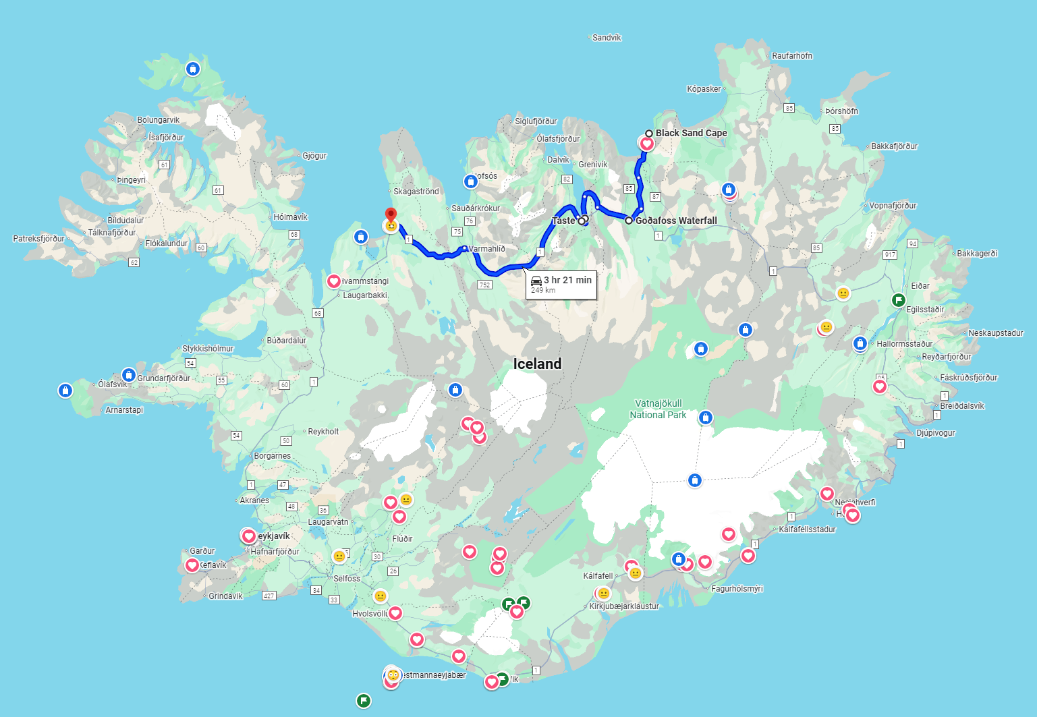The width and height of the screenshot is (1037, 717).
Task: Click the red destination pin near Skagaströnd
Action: [391, 216]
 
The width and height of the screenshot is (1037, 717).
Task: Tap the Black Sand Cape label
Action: [691, 133]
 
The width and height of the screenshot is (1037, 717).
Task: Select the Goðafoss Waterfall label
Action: [676, 221]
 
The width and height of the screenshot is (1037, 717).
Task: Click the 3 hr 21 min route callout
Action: [561, 284]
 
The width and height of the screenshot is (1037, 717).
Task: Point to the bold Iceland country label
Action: [537, 364]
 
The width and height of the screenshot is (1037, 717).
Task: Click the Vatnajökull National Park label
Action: [658, 409]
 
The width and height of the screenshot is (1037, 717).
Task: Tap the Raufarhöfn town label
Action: [792, 56]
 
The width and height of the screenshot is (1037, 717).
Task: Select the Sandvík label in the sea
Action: [607, 38]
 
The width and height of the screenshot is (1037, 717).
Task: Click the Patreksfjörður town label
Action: [39, 238]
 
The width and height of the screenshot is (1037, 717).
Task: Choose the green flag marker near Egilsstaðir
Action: [899, 300]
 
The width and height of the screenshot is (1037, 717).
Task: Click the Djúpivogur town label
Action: [936, 433]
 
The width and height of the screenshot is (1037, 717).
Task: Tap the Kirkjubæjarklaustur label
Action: [624, 606]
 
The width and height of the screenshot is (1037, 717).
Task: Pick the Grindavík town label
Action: [225, 596]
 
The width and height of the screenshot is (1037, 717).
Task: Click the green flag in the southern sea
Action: [364, 701]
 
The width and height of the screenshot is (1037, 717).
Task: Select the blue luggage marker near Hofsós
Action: [471, 181]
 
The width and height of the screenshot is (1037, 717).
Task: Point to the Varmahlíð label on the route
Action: [487, 249]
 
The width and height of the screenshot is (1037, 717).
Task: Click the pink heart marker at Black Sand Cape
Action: [647, 144]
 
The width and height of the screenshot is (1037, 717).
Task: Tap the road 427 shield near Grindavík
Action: [269, 596]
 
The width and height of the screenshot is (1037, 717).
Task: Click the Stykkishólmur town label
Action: [208, 349]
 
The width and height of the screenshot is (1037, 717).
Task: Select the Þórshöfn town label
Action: [842, 111]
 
